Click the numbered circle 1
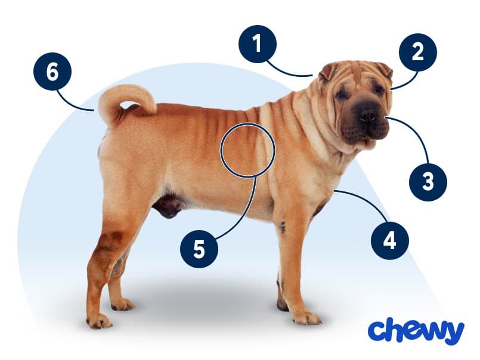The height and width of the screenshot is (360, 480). [x=258, y=44]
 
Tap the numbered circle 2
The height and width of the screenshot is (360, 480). [x=418, y=52]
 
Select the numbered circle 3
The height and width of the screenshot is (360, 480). [x=428, y=182]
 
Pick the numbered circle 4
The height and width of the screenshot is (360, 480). [x=390, y=241]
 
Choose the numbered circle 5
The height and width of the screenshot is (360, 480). [x=199, y=249]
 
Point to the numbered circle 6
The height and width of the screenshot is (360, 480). [x=52, y=72]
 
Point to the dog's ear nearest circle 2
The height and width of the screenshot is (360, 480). [x=385, y=71]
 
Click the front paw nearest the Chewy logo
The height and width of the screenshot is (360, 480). [x=307, y=318]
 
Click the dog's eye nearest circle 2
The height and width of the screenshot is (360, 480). [x=379, y=89]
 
